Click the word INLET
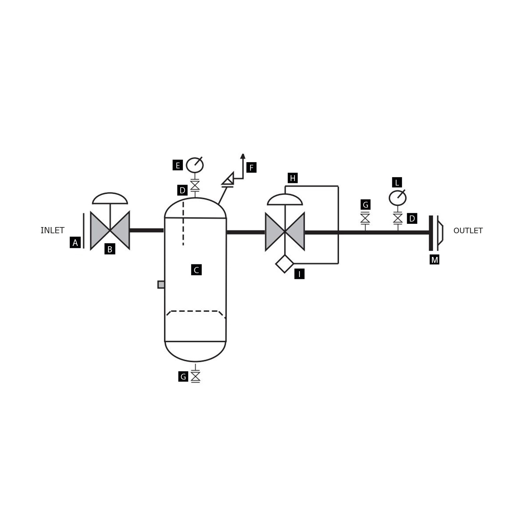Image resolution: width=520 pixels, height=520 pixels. click(52, 231)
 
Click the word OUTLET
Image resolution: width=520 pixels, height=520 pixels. click(468, 231)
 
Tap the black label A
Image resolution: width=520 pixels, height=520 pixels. click(75, 243)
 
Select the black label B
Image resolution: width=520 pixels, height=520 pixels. click(110, 249)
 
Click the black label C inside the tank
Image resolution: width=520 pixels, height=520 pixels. click(196, 270)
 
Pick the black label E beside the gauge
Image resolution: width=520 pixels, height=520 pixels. click(177, 165)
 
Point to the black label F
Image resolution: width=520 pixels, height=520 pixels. click(251, 168)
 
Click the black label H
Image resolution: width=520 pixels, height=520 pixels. click(293, 178)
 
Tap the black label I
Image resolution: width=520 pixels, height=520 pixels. click(299, 274)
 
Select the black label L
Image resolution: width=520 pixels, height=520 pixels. click(397, 183)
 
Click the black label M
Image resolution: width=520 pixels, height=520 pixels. click(434, 260)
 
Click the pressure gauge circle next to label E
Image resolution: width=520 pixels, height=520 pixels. click(195, 165)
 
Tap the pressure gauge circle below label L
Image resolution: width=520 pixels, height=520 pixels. click(397, 198)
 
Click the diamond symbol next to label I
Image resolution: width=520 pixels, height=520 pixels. click(284, 264)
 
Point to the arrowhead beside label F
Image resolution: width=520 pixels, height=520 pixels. click(243, 156)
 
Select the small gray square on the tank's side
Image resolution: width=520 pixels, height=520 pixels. click(161, 284)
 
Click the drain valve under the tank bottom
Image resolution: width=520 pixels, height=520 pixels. click(195, 376)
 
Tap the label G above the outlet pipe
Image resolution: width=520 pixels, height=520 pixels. click(365, 205)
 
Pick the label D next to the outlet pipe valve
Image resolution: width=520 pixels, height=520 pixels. click(412, 218)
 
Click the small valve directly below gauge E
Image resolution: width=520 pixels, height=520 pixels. click(195, 185)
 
